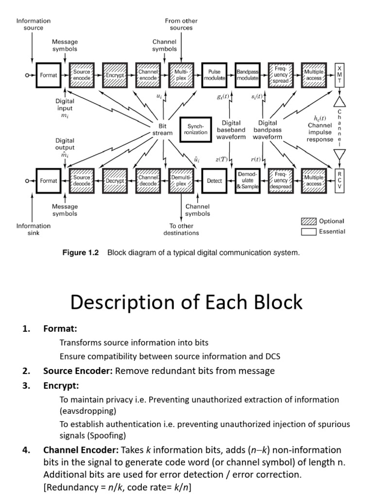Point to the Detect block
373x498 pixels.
(214, 181)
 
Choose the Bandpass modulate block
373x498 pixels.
(248, 75)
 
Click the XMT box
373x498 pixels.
(339, 75)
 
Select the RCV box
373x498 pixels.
(339, 181)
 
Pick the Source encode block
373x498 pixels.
(81, 75)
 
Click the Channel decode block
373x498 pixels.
(148, 181)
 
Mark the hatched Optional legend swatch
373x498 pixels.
(309, 221)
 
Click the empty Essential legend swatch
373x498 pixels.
(309, 231)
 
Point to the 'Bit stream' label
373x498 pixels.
(163, 129)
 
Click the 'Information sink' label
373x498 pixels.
(33, 229)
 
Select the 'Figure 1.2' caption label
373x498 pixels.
(80, 253)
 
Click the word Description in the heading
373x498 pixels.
(121, 302)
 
